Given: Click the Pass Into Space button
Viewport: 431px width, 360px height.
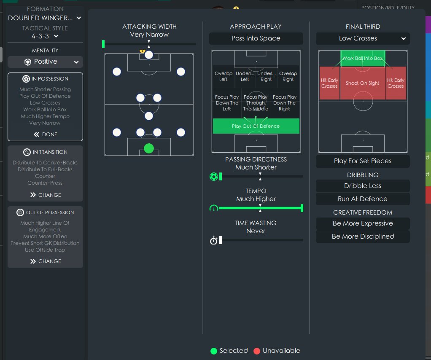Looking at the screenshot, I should pyautogui.click(x=256, y=38).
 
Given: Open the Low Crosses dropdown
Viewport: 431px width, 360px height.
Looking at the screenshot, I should pyautogui.click(x=363, y=38).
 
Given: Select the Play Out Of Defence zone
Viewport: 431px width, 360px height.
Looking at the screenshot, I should pyautogui.click(x=256, y=126).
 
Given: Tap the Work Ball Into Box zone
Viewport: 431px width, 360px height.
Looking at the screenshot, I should pyautogui.click(x=363, y=59).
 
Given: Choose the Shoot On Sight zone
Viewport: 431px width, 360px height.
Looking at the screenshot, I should pyautogui.click(x=363, y=83).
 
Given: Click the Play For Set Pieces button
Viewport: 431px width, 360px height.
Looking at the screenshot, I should pyautogui.click(x=363, y=161).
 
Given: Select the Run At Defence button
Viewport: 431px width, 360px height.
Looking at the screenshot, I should pyautogui.click(x=363, y=199).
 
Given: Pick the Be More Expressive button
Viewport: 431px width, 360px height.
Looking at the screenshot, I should pyautogui.click(x=363, y=223).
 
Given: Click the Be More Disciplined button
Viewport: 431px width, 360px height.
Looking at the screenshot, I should pyautogui.click(x=363, y=236).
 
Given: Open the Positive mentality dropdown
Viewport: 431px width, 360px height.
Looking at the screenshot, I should pyautogui.click(x=45, y=62).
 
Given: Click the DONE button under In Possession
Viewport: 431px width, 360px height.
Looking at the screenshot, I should pyautogui.click(x=45, y=134).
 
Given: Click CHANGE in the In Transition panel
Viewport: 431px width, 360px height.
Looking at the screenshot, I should pyautogui.click(x=45, y=195).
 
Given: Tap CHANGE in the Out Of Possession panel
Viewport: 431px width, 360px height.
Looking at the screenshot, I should pyautogui.click(x=45, y=261).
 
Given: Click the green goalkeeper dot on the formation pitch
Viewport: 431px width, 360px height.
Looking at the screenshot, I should pyautogui.click(x=149, y=148).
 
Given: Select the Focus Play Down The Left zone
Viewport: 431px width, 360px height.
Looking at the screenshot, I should pyautogui.click(x=227, y=103).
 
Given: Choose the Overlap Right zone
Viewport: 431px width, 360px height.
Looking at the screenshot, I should pyautogui.click(x=288, y=76).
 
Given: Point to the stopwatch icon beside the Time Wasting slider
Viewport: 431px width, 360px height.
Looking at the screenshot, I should pyautogui.click(x=214, y=241).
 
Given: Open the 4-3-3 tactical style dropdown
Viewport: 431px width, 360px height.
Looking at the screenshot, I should pyautogui.click(x=45, y=36).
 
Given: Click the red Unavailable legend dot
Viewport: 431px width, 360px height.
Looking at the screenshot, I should pyautogui.click(x=257, y=351).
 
